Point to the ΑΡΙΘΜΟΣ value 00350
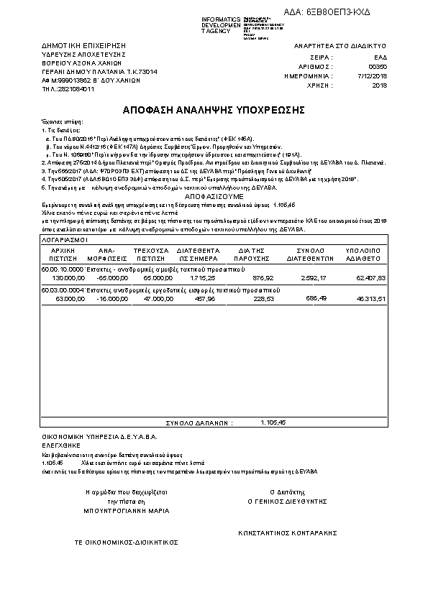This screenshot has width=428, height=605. (377, 65)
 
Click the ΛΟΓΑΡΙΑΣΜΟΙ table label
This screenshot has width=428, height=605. (64, 238)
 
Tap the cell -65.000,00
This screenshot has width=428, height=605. (113, 277)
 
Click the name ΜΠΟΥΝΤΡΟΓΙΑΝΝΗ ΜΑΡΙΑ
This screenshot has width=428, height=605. (126, 510)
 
